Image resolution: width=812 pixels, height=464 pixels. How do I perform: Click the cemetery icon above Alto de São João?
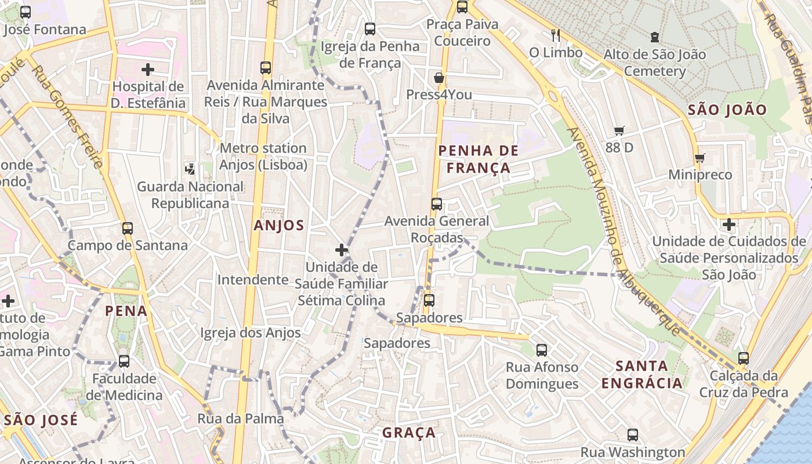(655, 37)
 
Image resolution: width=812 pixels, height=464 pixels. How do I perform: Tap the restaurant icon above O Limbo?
(556, 35)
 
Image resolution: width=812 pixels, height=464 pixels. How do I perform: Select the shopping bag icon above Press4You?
(439, 78)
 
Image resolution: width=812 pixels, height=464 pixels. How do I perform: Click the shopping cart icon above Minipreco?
(700, 158)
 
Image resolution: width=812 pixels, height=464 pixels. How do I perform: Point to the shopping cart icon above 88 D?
(619, 131)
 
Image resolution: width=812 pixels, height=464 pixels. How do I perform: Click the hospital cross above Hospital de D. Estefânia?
(148, 70)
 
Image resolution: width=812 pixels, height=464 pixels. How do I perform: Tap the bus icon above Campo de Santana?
(128, 228)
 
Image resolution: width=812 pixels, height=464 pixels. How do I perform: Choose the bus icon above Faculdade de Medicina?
(124, 361)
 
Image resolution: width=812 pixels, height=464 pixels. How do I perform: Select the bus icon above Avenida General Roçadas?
(437, 204)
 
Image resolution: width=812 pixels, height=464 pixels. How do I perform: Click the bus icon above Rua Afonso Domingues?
(542, 350)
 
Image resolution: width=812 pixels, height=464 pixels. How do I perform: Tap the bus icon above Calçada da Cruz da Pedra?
(744, 358)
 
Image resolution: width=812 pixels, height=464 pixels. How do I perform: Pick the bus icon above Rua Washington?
(633, 434)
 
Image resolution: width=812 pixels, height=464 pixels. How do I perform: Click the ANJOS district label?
(279, 226)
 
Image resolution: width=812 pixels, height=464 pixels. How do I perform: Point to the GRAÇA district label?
(409, 433)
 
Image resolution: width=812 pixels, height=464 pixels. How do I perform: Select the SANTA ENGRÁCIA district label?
(642, 375)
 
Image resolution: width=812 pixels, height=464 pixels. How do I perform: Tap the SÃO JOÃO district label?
(727, 110)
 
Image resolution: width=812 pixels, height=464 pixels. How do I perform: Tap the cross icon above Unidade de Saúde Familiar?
(342, 250)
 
